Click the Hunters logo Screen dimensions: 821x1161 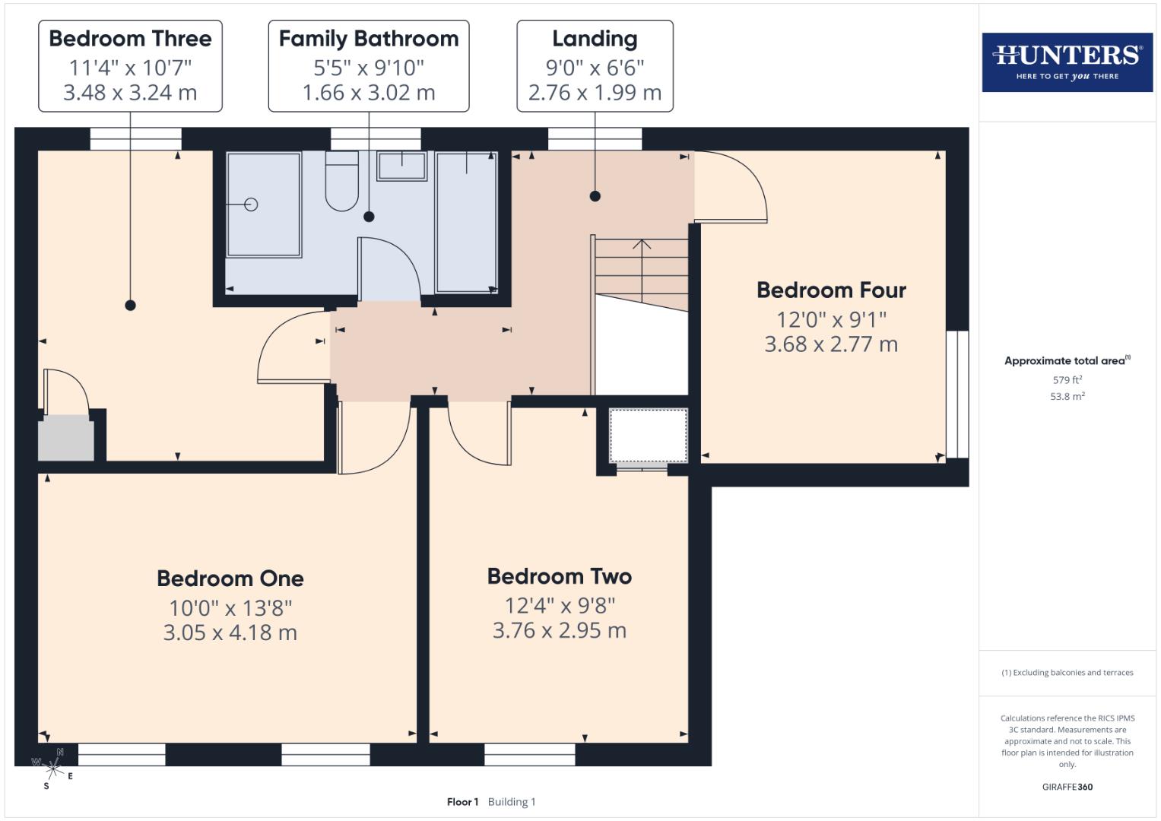1067,62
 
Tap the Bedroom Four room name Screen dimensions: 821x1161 831,290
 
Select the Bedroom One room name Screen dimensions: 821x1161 230,579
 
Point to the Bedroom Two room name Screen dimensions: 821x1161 560,576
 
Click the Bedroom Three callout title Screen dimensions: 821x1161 130,39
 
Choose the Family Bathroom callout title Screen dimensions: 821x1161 369,39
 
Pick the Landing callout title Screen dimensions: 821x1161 595,39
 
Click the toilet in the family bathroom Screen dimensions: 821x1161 341,182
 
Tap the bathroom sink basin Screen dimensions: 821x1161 401,165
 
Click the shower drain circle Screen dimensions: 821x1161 251,204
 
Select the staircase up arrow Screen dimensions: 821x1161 642,245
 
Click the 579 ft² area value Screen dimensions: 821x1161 1067,380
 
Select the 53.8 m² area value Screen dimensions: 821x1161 1067,397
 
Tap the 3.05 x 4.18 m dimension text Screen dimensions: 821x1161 230,632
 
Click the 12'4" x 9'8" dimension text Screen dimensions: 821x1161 560,606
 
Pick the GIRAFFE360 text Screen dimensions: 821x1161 1067,788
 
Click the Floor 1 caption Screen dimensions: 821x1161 462,802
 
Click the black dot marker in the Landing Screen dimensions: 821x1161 595,196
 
